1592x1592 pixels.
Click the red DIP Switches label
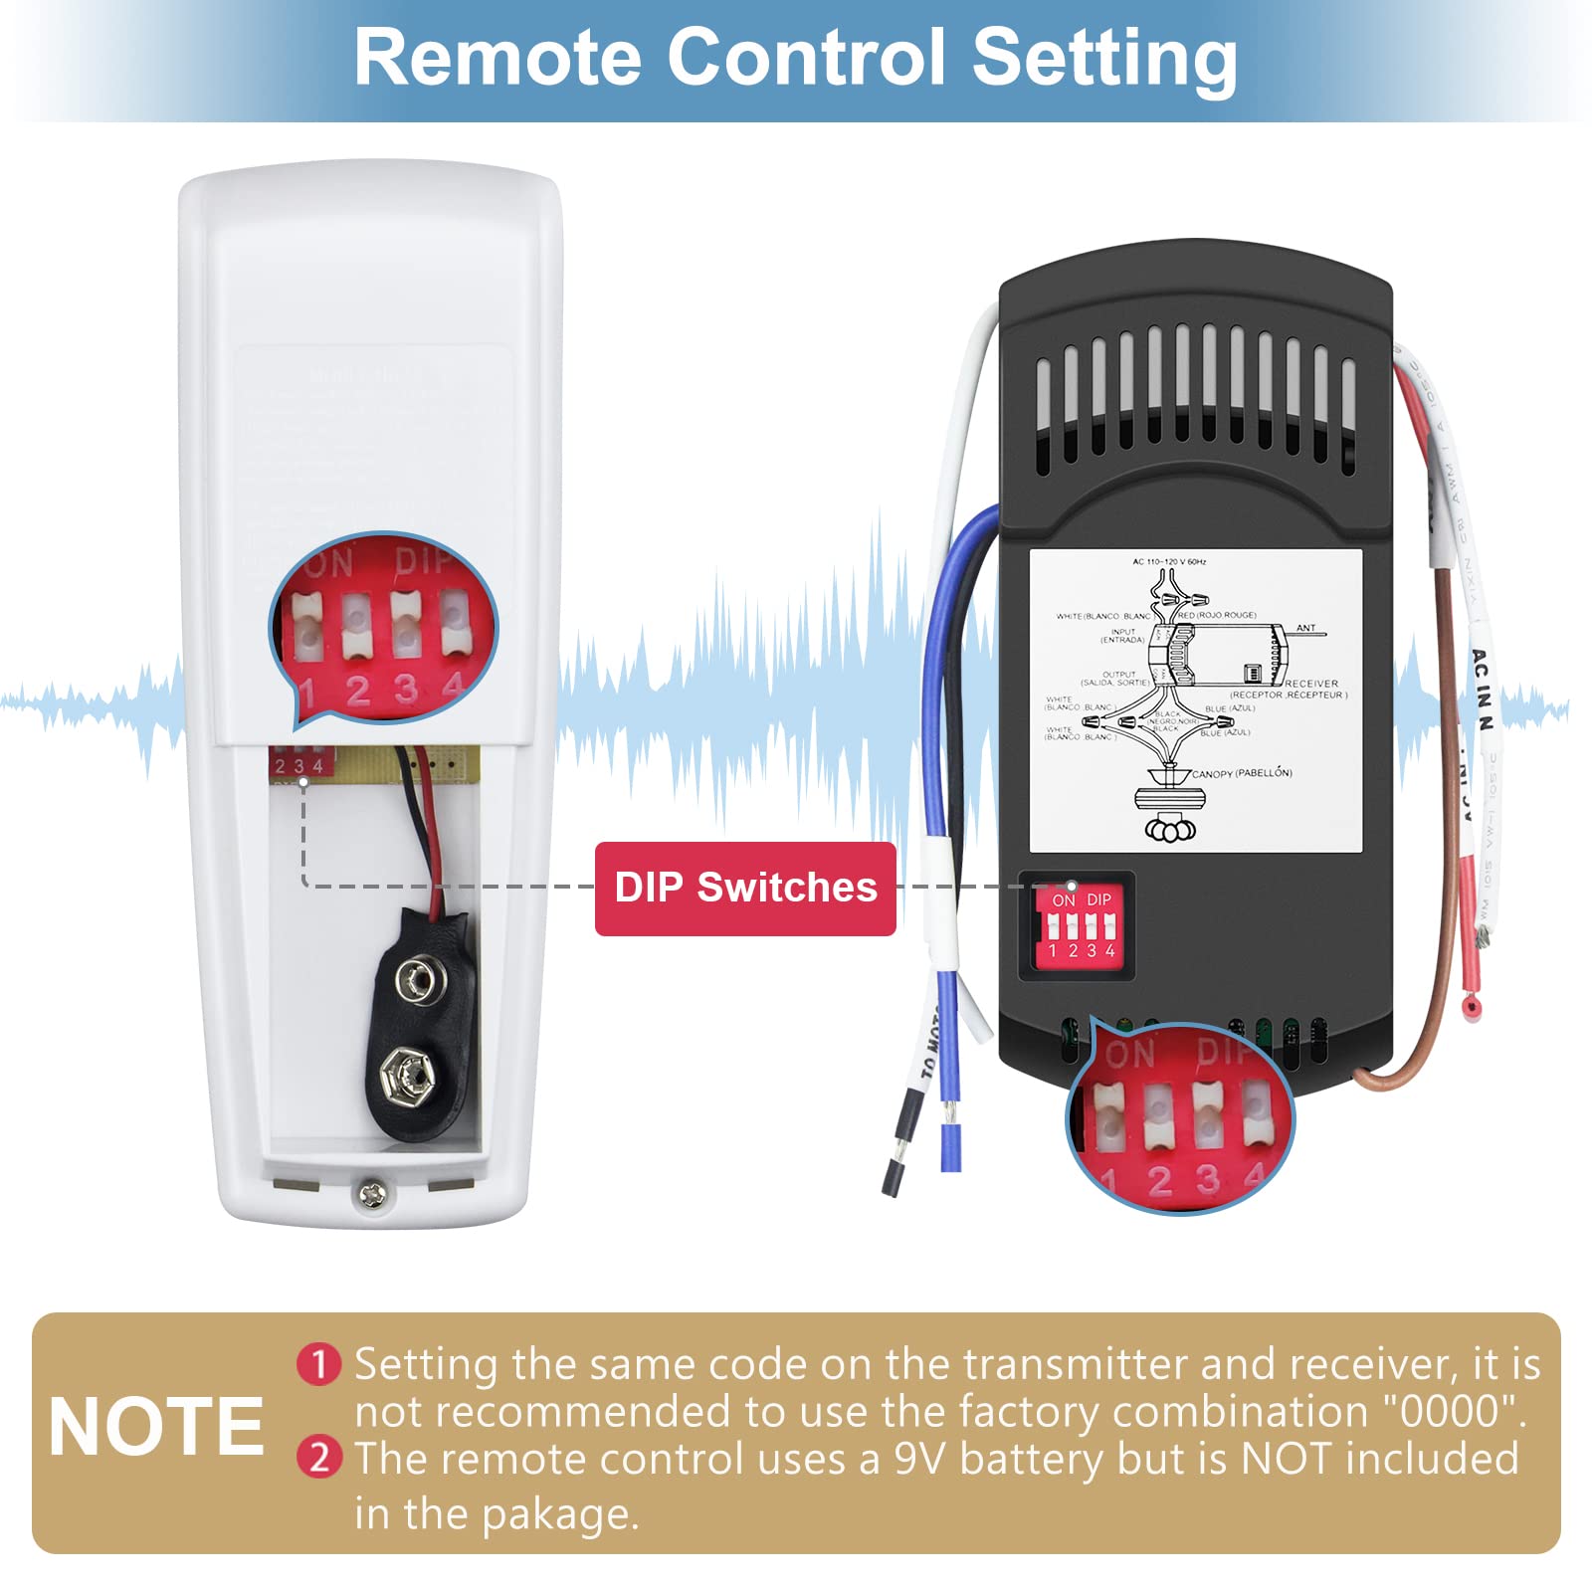coord(745,888)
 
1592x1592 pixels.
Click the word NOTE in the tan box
coord(156,1427)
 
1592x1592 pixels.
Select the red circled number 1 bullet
coord(319,1364)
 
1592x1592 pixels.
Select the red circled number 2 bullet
coord(319,1458)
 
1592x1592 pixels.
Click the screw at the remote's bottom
coord(372,1193)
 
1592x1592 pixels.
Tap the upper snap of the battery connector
coord(414,981)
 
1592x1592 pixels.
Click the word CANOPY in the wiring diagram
coord(1213,773)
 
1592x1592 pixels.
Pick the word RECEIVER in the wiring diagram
coord(1311,684)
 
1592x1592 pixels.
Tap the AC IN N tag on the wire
coord(1482,690)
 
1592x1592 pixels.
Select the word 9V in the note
coord(920,1459)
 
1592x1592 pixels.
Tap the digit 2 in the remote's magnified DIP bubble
coord(357,691)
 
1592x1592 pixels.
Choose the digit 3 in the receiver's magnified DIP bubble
coord(1208,1180)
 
